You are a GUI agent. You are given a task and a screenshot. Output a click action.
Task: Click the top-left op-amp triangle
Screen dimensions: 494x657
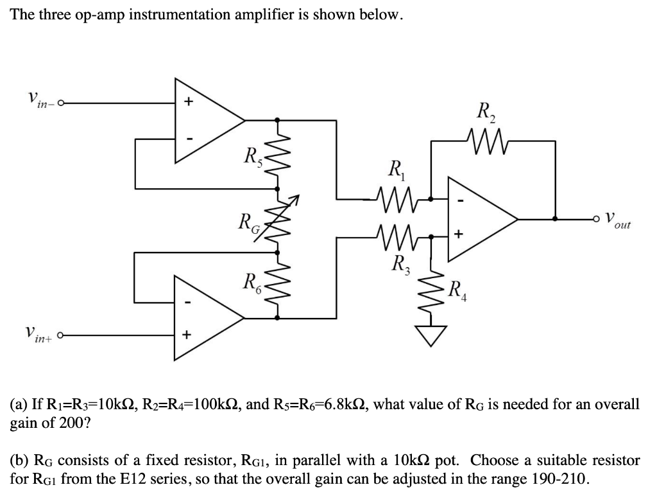point(205,119)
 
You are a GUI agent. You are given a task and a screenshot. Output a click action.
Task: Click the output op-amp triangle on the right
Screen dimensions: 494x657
point(478,219)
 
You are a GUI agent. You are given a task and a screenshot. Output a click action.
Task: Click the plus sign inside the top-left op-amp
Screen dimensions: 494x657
point(188,101)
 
